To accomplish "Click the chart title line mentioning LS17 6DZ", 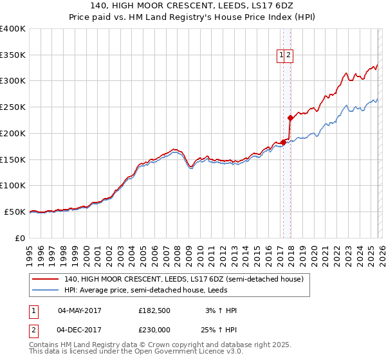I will pos(192,6).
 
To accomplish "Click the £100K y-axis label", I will pos(13,185).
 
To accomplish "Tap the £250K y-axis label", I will pos(13,107).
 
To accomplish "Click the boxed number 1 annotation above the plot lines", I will pos(282,56).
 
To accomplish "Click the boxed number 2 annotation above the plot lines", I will pos(289,56).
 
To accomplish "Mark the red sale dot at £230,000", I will pos(290,118).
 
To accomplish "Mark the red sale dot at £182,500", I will pos(283,142).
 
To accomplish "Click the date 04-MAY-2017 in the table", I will pos(79,310).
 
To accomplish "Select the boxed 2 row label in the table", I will pos(33,330).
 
